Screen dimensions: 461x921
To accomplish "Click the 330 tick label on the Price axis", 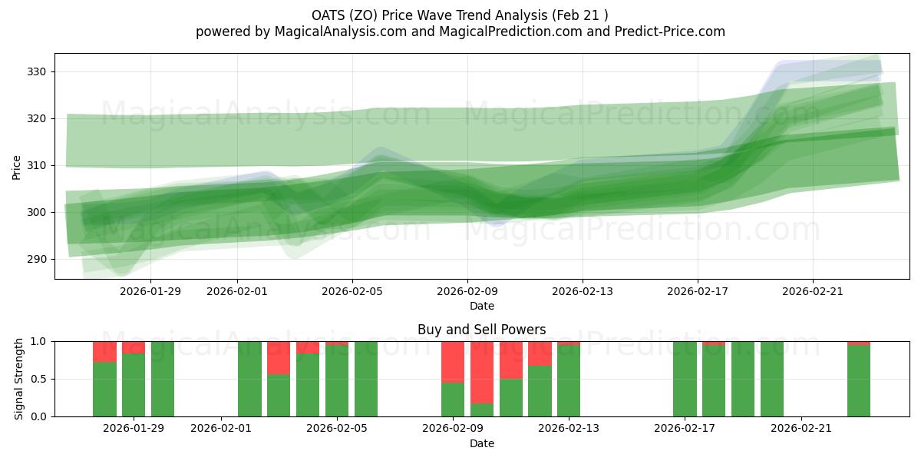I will (x=37, y=71).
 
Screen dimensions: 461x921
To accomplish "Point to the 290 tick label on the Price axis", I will (x=37, y=259).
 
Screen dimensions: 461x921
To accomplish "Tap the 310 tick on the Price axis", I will (x=37, y=165).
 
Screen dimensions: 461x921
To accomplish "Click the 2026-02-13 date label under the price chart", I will (x=583, y=291).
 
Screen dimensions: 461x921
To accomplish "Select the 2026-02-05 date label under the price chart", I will (x=352, y=291).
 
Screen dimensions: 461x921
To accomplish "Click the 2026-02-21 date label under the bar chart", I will (x=801, y=429).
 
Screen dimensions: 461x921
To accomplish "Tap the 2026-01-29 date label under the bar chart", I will (x=134, y=429).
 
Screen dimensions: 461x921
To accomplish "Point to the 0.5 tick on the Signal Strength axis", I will (x=38, y=379).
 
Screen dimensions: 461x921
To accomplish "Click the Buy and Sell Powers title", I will (x=481, y=330).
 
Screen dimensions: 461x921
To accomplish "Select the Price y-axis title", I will (x=17, y=166).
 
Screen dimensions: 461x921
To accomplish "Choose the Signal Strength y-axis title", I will (x=19, y=379).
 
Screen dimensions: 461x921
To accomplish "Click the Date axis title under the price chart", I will (x=481, y=306).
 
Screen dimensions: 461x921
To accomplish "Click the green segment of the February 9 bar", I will (x=453, y=400).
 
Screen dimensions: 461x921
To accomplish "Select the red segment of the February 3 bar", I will (x=279, y=357).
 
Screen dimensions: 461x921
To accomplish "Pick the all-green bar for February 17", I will (x=685, y=379).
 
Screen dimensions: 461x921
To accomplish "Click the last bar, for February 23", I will (x=859, y=380).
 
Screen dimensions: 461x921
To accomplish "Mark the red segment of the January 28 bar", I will (x=104, y=351).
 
